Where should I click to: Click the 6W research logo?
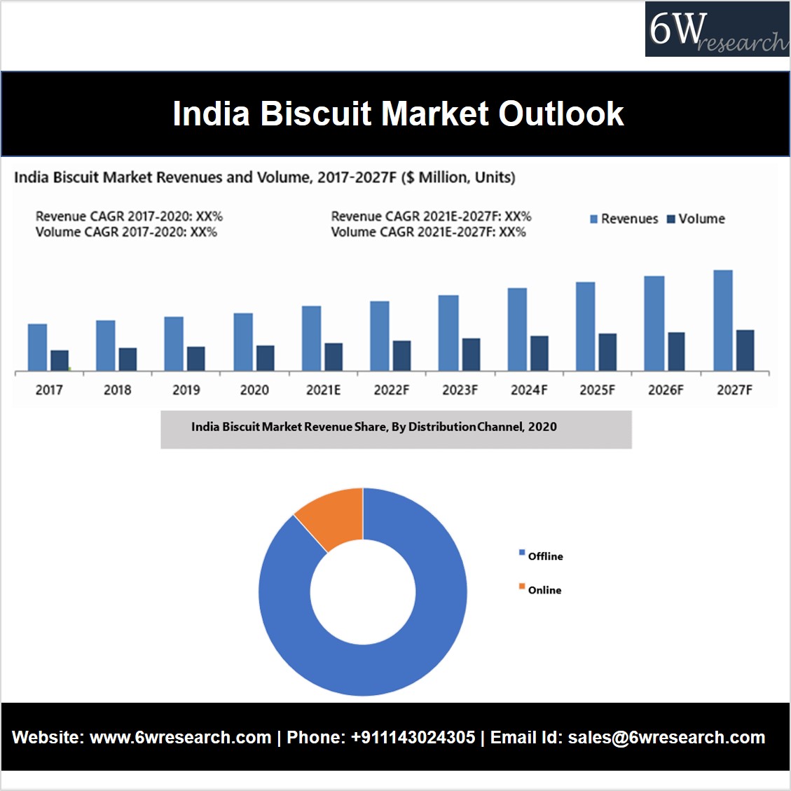(x=717, y=29)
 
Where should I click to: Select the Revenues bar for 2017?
(x=37, y=347)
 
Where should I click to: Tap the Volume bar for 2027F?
(x=745, y=350)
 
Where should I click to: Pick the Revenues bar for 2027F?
(x=722, y=320)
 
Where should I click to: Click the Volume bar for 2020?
(x=266, y=357)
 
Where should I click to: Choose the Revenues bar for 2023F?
(x=448, y=333)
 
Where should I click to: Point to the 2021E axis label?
(x=323, y=390)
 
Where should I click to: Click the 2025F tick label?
(x=597, y=390)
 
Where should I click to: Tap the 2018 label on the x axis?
(x=117, y=390)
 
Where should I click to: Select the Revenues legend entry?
(x=624, y=219)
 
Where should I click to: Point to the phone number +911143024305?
(x=413, y=738)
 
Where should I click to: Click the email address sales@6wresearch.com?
(x=666, y=738)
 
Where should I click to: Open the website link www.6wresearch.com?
(x=180, y=738)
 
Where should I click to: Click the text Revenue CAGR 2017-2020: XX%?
(x=129, y=216)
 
